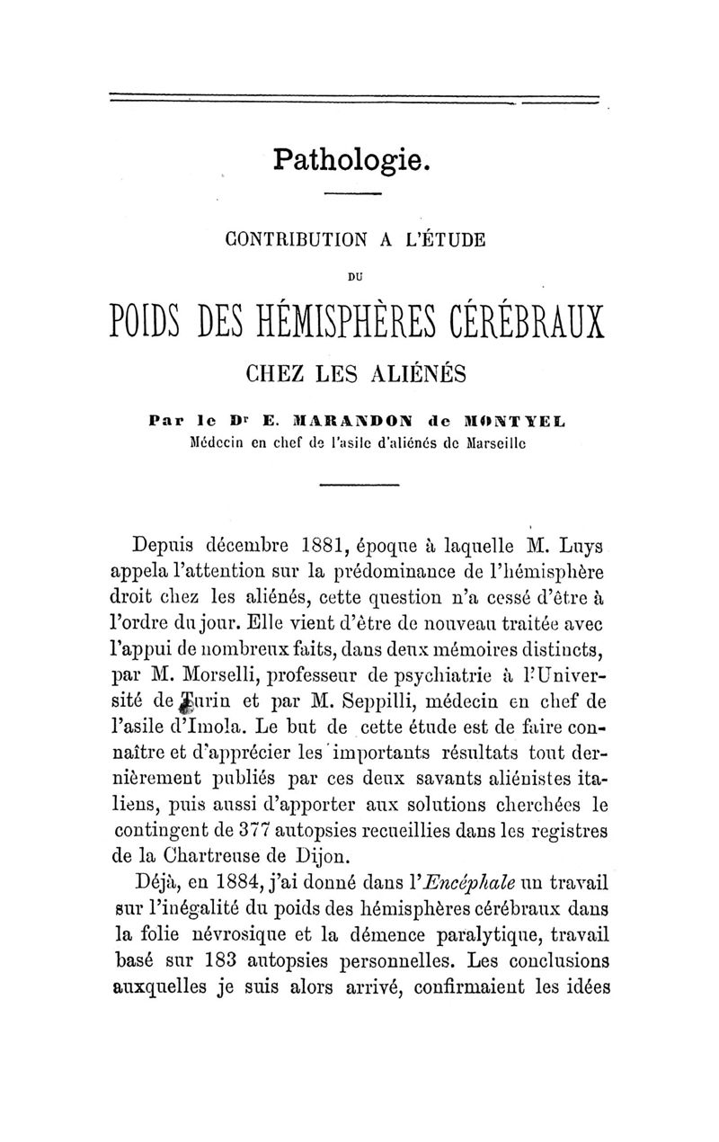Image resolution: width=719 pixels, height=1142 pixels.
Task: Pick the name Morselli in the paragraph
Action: (x=212, y=674)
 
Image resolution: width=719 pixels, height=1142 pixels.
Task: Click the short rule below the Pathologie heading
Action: (x=353, y=195)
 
